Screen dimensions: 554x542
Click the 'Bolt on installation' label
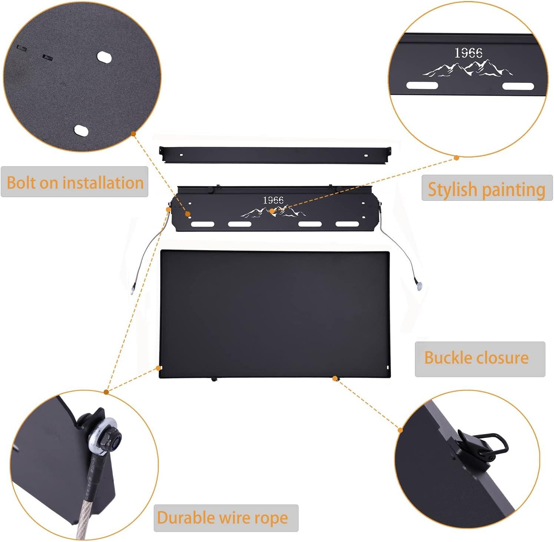click(x=75, y=183)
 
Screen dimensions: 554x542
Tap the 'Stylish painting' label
click(x=487, y=189)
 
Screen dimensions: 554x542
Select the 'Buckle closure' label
click(x=477, y=358)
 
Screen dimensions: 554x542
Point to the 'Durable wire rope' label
click(x=222, y=518)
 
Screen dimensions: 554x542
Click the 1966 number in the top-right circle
click(x=468, y=53)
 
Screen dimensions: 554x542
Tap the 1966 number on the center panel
click(x=273, y=200)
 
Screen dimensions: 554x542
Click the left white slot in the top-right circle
click(x=422, y=86)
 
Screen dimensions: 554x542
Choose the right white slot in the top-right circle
click(x=518, y=86)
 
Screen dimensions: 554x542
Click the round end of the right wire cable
click(x=419, y=286)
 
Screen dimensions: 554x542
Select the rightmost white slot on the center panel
click(x=347, y=224)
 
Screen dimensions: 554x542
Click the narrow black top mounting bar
click(x=275, y=154)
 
